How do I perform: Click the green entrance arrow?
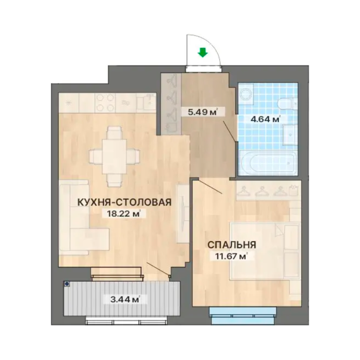pyautogui.click(x=202, y=52)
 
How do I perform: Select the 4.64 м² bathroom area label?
pyautogui.click(x=266, y=119)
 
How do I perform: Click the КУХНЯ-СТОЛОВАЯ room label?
pyautogui.click(x=125, y=202)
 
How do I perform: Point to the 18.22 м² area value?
pyautogui.click(x=124, y=214)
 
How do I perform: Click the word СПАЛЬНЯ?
pyautogui.click(x=232, y=245)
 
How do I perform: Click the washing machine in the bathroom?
pyautogui.click(x=246, y=94)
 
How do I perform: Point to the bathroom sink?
pyautogui.click(x=290, y=135)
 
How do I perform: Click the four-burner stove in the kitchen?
pyautogui.click(x=105, y=103)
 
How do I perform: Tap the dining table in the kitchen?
pyautogui.click(x=114, y=156)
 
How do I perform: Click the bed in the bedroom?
pyautogui.click(x=265, y=251)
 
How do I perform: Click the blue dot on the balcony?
pyautogui.click(x=67, y=284)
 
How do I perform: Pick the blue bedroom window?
pyautogui.click(x=243, y=315)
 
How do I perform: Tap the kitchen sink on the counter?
pyautogui.click(x=146, y=102)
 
